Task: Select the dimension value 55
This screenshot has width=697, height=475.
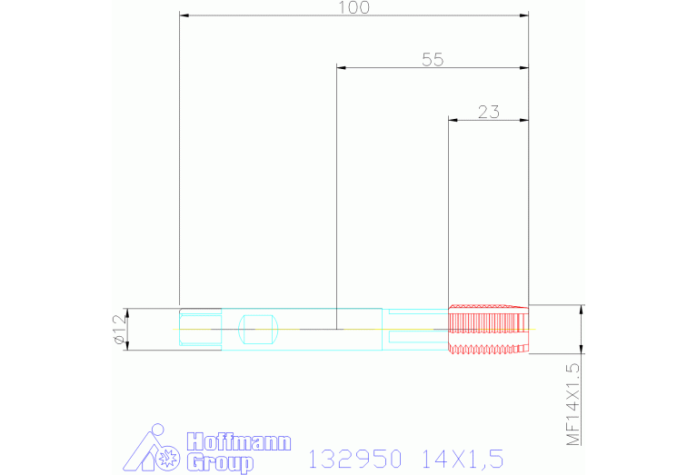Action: tap(433, 60)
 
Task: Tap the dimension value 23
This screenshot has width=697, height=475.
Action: tap(488, 113)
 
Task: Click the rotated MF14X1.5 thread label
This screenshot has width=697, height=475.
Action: tap(573, 403)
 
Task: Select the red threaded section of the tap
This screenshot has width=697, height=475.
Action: tap(488, 329)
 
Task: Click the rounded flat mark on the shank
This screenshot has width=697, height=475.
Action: tap(257, 329)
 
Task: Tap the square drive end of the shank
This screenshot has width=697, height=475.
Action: tap(200, 329)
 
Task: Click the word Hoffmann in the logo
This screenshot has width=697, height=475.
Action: tap(239, 443)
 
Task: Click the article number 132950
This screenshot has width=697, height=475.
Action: tap(355, 459)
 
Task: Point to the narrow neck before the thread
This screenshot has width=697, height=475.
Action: tap(416, 329)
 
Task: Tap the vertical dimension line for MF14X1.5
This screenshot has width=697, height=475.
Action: tap(582, 329)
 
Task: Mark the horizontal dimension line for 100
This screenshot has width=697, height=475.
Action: tap(273, 15)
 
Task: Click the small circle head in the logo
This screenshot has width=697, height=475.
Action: tap(158, 429)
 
